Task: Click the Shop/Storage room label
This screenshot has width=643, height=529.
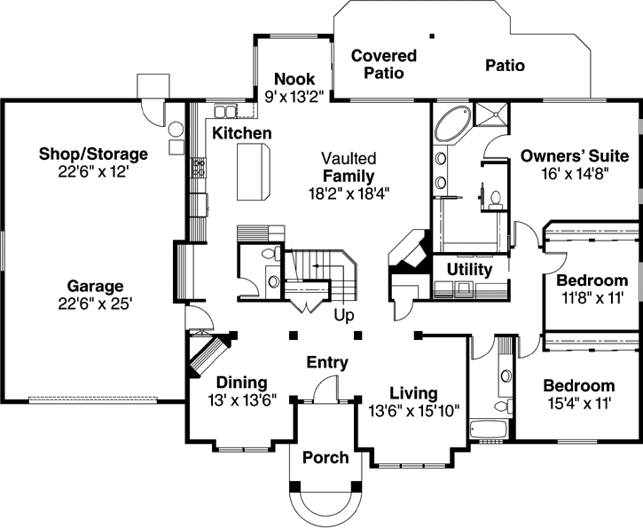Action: [93, 154]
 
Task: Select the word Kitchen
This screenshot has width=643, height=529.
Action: [241, 133]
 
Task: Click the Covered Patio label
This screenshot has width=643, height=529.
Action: [383, 64]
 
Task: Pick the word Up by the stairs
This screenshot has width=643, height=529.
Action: [345, 315]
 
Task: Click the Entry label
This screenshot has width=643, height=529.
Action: [327, 362]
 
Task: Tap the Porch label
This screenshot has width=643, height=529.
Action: [325, 458]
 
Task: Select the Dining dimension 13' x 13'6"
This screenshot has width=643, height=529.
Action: [243, 400]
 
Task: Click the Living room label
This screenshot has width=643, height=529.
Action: [413, 392]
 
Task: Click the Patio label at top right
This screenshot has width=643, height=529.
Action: [505, 66]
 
